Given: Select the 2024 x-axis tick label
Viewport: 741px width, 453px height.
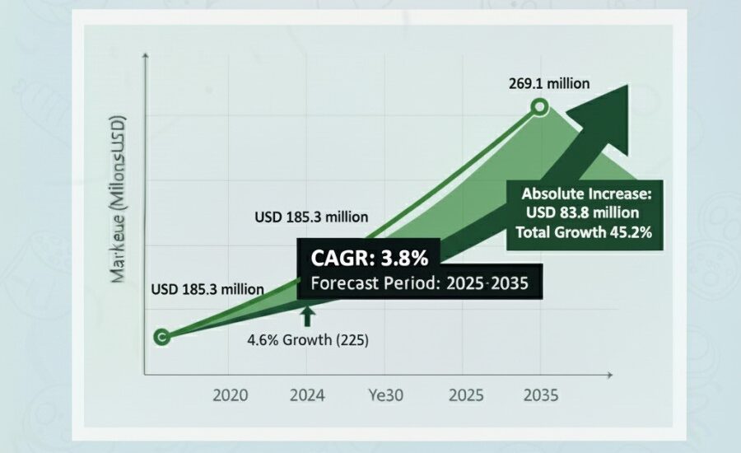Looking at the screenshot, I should [309, 395].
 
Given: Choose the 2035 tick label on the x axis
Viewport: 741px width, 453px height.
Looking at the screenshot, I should [540, 395].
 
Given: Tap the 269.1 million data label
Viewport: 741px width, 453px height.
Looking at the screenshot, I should [549, 83].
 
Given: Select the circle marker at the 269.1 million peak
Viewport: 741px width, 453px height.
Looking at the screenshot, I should [539, 106].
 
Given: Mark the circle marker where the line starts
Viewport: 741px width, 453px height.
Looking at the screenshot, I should [162, 336].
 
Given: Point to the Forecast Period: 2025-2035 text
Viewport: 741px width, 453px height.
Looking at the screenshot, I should [420, 283].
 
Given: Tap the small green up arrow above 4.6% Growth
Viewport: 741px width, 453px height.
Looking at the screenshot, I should [307, 315].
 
